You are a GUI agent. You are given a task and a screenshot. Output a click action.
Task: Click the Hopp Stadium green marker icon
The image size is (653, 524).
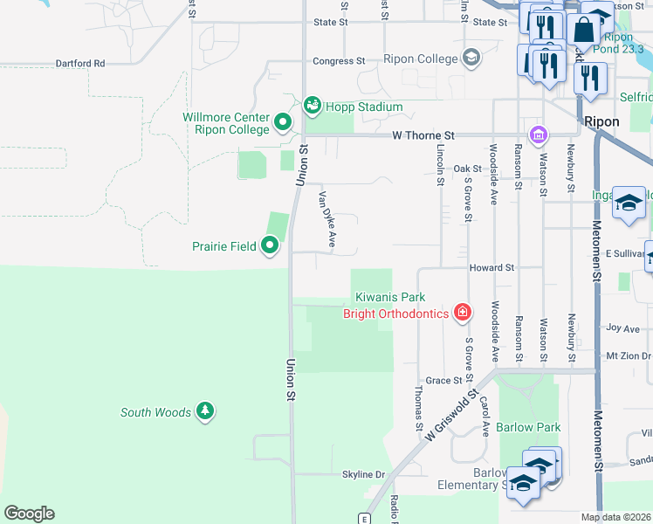coord(312,106)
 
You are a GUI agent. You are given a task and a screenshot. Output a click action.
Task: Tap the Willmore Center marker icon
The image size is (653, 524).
coord(282,122)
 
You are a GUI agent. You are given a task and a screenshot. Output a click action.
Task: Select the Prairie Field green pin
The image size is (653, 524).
coord(270,246)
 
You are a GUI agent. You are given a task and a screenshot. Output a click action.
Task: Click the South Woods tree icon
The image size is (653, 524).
coord(204,411)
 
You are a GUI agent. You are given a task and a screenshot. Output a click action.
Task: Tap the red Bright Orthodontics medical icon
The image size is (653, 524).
coord(462,313)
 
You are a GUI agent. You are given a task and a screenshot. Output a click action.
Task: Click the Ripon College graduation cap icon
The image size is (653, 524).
coord(471,59)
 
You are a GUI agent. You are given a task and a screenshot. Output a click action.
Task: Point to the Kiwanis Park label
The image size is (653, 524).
coord(389,298)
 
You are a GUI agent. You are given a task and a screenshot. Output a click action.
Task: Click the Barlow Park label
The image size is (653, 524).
coord(528,427)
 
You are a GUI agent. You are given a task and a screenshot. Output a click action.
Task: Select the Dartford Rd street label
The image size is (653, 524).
coord(79,64)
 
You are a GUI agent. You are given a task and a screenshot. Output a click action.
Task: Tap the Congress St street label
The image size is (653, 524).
coord(339,61)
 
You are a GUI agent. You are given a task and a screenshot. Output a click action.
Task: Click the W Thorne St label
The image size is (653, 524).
coord(423,135)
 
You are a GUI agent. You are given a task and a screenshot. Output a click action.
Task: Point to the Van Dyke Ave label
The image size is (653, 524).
coord(326,220)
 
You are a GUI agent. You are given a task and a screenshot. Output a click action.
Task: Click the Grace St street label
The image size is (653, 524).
coord(443,381)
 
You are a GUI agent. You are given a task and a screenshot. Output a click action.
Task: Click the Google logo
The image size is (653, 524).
coord(29,514)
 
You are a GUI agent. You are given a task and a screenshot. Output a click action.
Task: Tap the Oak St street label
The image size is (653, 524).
coord(467,169)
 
